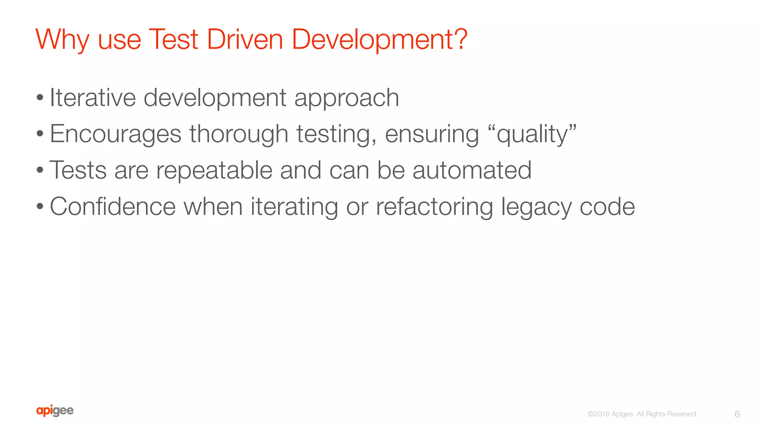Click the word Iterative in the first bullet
[93, 98]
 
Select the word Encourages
[115, 134]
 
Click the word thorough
[239, 134]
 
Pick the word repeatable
[214, 171]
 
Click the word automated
[472, 170]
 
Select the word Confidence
[113, 206]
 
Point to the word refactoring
[435, 207]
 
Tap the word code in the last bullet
[607, 206]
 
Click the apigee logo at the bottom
[55, 411]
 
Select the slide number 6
[737, 414]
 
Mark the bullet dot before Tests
[40, 171]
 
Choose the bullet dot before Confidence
[40, 207]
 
